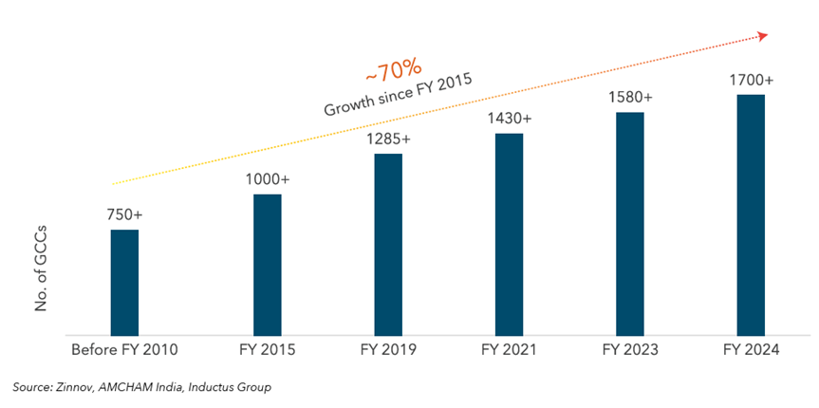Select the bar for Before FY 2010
[x=124, y=282]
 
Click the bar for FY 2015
[x=267, y=264]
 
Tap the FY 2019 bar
[x=388, y=244]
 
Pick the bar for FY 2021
[x=509, y=233]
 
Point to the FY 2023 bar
[x=630, y=223]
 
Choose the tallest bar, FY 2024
[x=752, y=214]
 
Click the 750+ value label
[x=124, y=214]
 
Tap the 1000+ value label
[x=267, y=179]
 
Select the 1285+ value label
[x=388, y=139]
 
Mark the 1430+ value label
[x=509, y=119]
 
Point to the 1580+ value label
[x=630, y=97]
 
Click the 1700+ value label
[x=752, y=80]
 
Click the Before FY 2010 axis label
[x=124, y=350]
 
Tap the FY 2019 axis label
[x=388, y=350]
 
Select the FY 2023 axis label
[x=630, y=350]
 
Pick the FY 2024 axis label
[x=752, y=350]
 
